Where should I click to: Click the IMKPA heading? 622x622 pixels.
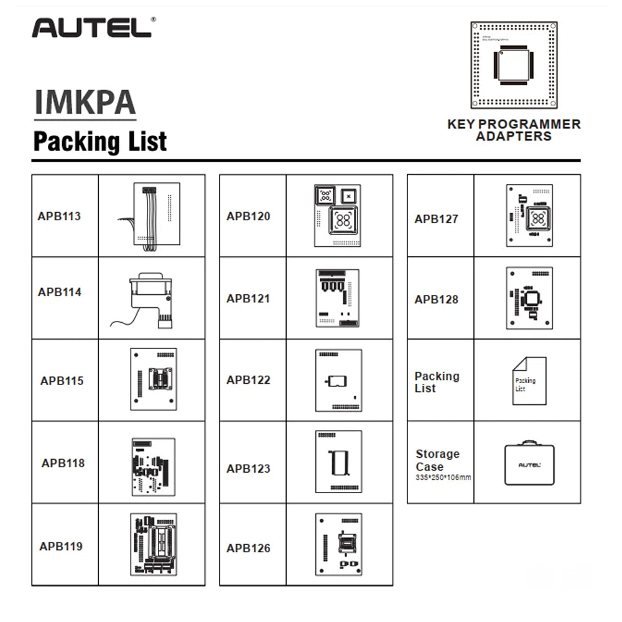[x=85, y=103]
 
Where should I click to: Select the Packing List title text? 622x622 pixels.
[x=100, y=141]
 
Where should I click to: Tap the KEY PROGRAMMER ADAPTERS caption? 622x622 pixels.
[x=514, y=129]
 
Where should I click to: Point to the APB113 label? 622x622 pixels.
[x=59, y=216]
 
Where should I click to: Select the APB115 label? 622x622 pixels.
[x=62, y=381]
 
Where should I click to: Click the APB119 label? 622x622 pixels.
[x=61, y=546]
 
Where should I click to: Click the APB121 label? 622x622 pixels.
[x=248, y=299]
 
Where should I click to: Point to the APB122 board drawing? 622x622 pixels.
[x=338, y=380]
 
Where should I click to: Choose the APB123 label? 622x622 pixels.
[x=248, y=468]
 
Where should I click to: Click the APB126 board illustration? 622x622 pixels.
[x=338, y=544]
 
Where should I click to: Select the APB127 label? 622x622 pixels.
[x=436, y=219]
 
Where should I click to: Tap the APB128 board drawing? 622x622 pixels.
[x=529, y=298]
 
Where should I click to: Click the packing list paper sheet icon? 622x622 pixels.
[x=529, y=381]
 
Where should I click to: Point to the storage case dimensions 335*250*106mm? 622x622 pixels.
[x=443, y=478]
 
